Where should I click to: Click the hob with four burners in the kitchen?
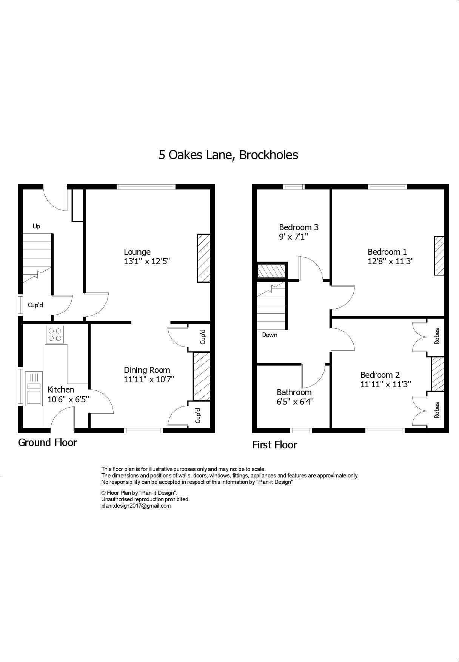[x=55, y=334]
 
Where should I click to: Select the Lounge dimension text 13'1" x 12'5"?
[x=147, y=261]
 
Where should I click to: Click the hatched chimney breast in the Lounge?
[x=203, y=258]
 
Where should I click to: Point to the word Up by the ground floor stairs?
[x=36, y=226]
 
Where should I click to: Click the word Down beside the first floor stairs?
[x=270, y=335]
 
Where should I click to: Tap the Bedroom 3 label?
[x=299, y=227]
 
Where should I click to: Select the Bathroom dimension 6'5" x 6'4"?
[x=295, y=402]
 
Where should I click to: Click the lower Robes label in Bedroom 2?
[x=437, y=410]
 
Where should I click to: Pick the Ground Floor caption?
[x=47, y=442]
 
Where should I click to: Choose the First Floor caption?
[x=274, y=445]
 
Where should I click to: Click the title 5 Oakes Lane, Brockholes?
[x=228, y=155]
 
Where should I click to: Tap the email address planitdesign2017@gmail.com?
[x=136, y=506]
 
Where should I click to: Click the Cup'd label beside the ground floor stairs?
[x=35, y=305]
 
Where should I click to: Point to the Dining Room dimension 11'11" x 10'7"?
[x=149, y=379]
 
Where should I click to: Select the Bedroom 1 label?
[x=387, y=252]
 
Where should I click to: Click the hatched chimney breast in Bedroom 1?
[x=439, y=256]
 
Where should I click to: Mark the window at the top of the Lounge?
[x=146, y=186]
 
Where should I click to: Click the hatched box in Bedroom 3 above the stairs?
[x=271, y=271]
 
